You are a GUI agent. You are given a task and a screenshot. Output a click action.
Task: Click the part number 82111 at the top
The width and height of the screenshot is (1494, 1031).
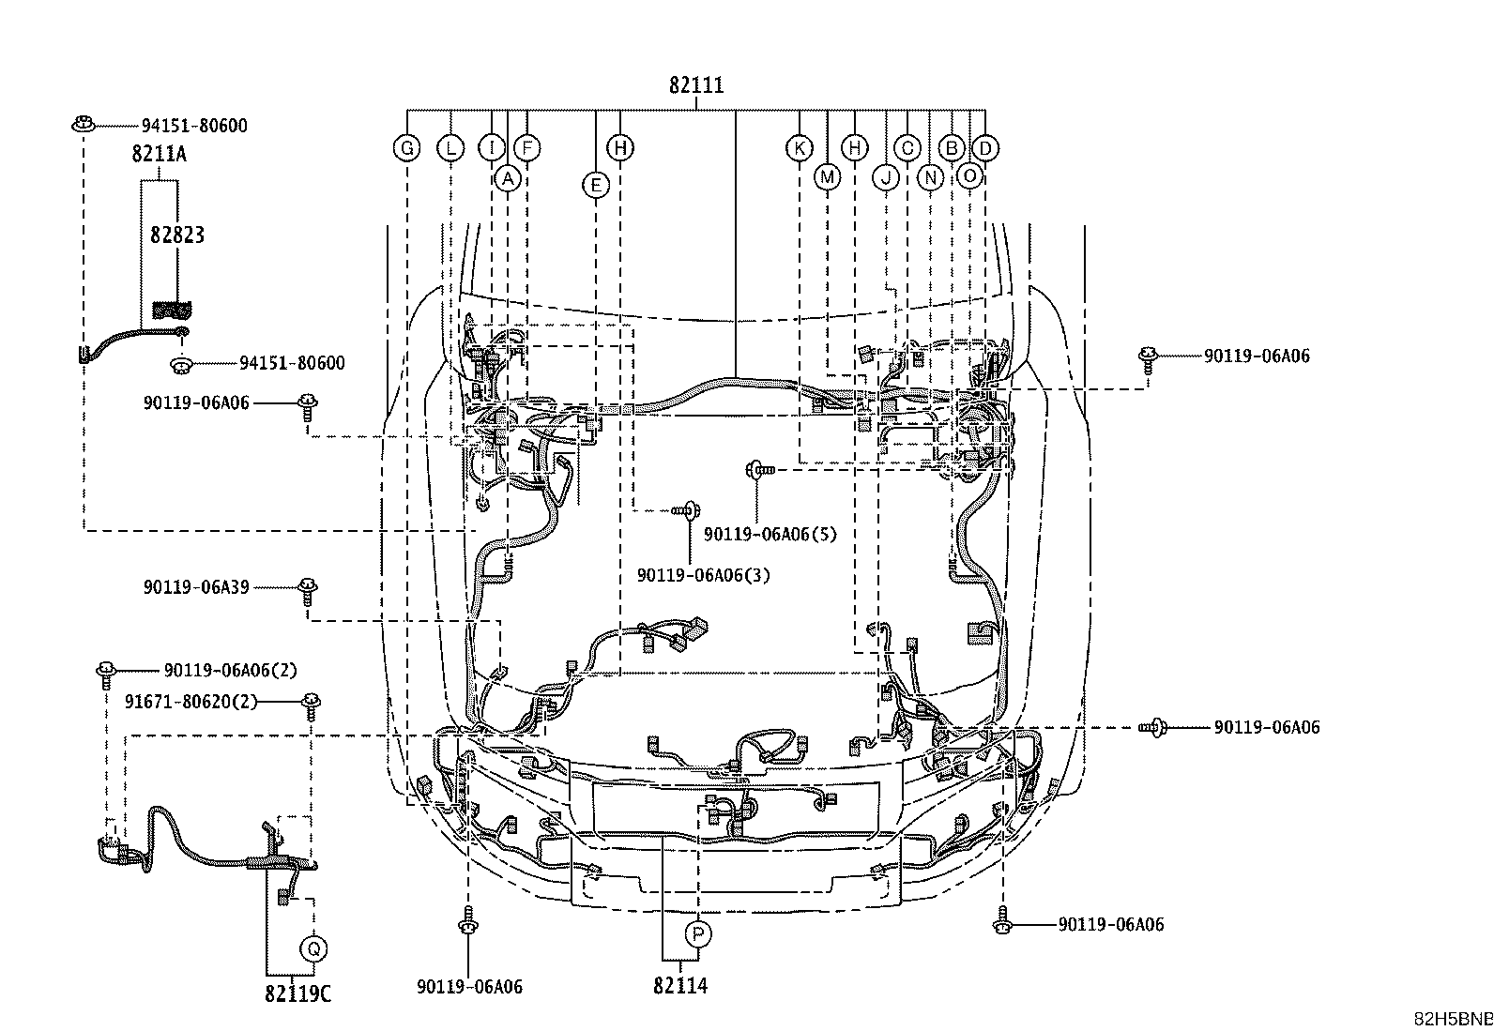pos(696,85)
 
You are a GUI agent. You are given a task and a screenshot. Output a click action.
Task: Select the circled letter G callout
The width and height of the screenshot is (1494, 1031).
pos(407,148)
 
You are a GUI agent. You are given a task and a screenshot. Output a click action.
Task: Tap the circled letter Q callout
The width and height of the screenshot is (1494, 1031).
pos(313,949)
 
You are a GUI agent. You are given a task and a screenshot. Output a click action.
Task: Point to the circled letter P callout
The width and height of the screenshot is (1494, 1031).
pos(698,933)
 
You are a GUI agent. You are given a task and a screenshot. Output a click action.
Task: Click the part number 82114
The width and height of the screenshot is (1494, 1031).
pos(680,986)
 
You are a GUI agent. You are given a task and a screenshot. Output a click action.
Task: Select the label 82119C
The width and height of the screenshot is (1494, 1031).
pos(297,993)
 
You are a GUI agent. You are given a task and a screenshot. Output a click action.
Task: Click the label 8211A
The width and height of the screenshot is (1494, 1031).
pos(159,154)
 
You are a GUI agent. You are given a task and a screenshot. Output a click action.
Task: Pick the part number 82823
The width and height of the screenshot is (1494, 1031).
pos(176,235)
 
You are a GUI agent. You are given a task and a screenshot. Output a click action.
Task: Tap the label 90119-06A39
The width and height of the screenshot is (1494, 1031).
pos(196,587)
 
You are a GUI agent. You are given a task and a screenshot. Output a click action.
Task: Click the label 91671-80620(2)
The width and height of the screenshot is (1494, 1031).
pos(191,702)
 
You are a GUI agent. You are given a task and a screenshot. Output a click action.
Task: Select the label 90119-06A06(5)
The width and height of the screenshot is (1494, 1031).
pos(770,534)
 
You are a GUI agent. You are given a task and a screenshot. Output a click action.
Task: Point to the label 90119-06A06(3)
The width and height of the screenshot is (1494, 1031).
pos(703,575)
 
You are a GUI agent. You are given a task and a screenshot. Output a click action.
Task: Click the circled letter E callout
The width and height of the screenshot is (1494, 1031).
pos(595,185)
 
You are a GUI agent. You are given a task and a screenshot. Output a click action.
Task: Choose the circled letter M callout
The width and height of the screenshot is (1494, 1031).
pos(827,176)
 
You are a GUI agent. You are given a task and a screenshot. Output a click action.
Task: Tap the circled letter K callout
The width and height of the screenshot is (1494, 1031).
pos(799,148)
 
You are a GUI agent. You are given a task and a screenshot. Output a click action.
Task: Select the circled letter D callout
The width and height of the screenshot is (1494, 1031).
pos(984,148)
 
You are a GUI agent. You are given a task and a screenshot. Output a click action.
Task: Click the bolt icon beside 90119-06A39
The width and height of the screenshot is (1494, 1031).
pos(307,588)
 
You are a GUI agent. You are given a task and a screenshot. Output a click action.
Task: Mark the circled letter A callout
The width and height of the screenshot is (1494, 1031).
pos(507,177)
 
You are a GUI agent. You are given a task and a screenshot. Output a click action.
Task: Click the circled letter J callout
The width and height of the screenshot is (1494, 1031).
pos(885,176)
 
